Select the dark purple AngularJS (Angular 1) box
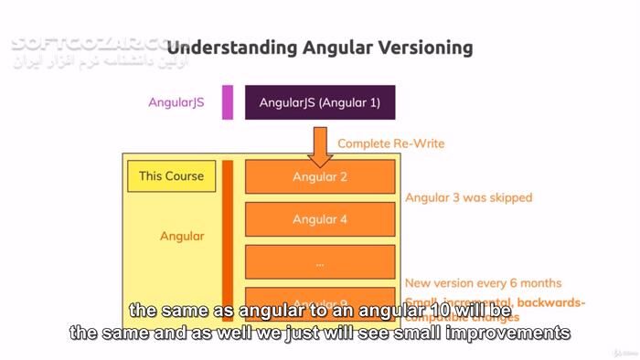(320, 102)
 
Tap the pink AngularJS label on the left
(176, 102)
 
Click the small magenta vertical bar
(228, 102)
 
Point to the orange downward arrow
(320, 144)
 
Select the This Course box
(171, 176)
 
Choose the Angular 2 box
(320, 176)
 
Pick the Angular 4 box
(320, 219)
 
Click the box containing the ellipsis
(320, 261)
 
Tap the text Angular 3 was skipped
(468, 197)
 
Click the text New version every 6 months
(484, 283)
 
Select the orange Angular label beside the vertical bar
(182, 236)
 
